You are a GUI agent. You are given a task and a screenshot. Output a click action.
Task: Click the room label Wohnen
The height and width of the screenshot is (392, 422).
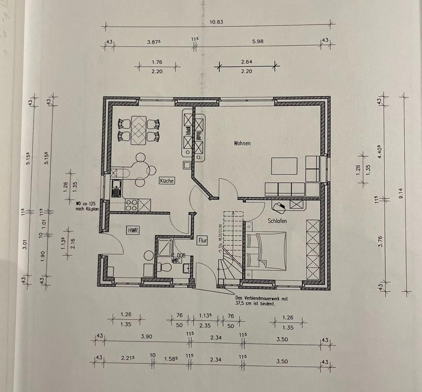[x=242, y=143]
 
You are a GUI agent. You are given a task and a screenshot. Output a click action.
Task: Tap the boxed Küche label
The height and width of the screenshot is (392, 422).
[x=167, y=181]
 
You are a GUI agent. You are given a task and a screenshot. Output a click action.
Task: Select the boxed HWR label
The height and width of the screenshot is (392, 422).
[x=133, y=230]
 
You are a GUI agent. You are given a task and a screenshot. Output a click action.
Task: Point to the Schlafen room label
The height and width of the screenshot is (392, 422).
[x=277, y=221]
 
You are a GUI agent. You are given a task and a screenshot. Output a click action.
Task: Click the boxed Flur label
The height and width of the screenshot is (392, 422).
[x=203, y=240]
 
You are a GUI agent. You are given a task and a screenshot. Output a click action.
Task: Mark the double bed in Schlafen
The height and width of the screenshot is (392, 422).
[x=260, y=250]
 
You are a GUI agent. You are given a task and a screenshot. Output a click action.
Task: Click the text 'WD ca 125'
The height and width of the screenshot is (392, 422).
[x=86, y=203]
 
